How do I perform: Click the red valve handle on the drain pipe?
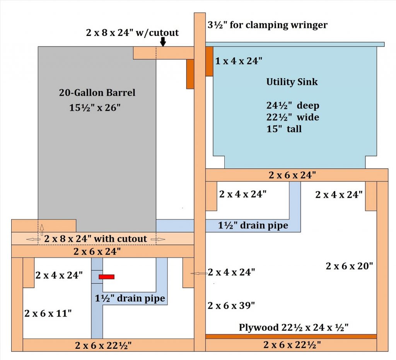point(106,277)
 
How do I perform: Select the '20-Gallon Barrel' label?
point(97,93)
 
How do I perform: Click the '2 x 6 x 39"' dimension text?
point(231,306)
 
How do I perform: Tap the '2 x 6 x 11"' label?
point(48,313)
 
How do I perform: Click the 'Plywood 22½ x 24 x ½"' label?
point(294,328)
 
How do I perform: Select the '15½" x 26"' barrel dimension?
point(95,108)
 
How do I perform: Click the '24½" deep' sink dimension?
point(293,105)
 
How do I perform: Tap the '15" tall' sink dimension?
point(284,129)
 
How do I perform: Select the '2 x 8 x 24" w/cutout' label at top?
point(132,32)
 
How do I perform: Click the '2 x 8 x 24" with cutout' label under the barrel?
point(96,239)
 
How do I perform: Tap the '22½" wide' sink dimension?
point(293,117)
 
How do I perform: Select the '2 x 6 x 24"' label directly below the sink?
point(293,175)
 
